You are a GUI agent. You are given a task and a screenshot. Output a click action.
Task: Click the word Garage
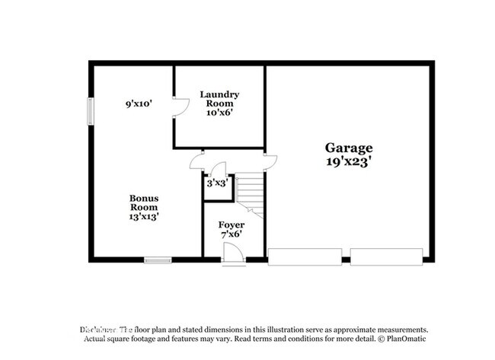point(349,148)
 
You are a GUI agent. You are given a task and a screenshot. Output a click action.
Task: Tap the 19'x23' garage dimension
point(349,161)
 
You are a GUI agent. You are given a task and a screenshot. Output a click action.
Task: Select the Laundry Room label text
point(219,99)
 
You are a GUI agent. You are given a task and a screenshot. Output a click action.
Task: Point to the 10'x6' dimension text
point(219,112)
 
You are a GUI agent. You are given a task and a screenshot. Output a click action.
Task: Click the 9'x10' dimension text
point(140,102)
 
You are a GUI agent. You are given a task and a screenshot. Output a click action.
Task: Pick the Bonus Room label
point(143,202)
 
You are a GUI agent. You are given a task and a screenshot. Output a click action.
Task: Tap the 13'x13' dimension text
point(143,216)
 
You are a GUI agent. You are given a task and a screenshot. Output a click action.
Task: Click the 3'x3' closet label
point(217,183)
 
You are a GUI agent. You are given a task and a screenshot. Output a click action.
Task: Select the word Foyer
point(232,225)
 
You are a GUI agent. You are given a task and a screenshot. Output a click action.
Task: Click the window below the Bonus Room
point(158,260)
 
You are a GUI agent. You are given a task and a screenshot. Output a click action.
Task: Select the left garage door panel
point(304,256)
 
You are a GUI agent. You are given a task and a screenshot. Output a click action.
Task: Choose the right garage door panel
point(385,256)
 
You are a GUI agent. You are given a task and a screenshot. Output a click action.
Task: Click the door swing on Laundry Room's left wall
point(181,107)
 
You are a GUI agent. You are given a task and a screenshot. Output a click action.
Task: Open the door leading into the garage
point(270,160)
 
